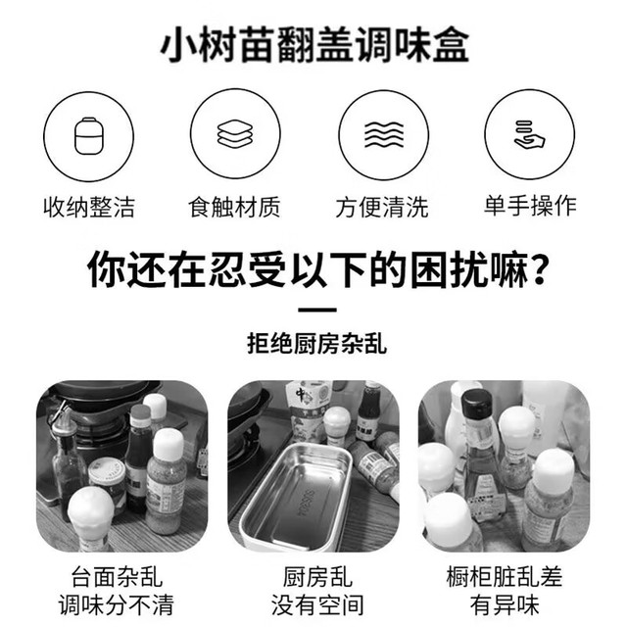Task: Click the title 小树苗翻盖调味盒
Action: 314,44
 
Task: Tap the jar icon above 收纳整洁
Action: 89,136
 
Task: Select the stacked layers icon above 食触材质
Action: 235,133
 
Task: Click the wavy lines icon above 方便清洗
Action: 384,135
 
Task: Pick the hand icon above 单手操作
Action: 529,134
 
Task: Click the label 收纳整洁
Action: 89,207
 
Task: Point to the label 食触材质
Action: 235,207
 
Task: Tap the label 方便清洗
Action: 382,207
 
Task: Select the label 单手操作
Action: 530,206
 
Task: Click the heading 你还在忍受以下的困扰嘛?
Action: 316,269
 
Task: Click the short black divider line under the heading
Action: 317,310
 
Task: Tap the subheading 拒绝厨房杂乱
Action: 316,343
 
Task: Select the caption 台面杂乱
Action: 117,577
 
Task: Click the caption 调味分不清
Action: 117,605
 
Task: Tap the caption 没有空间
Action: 317,605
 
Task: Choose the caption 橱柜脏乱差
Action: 505,577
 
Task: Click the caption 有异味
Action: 505,605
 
